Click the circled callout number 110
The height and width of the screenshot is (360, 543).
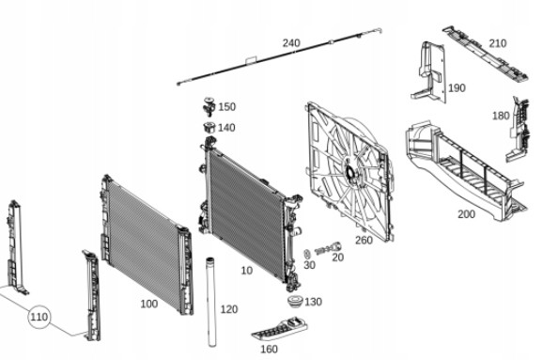pos(39,317)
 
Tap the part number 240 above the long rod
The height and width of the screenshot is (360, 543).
pos(291,43)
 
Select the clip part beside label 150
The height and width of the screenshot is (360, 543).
pos(209,107)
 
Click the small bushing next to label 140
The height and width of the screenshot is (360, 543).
pos(209,128)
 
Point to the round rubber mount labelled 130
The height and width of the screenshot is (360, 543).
pos(295,302)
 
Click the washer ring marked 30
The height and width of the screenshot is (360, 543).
pos(307,255)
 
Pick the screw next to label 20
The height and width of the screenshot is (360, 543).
pos(328,248)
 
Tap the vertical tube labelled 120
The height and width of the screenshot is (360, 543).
pos(210,302)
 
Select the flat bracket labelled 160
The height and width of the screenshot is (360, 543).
pos(280,329)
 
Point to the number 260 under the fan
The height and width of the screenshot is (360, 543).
pos(364,240)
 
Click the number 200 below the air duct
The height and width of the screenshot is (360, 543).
pos(466,214)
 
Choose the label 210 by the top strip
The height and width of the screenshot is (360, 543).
pos(498,43)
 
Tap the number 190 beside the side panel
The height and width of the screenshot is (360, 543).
pos(457,88)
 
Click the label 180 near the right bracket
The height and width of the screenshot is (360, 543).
pos(501,116)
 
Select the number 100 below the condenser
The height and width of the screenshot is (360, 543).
pos(149,304)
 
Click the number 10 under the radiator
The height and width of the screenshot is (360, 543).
pos(246,271)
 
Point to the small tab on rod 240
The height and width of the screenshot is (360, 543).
pos(251,60)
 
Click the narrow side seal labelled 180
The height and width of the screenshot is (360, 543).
pos(519,129)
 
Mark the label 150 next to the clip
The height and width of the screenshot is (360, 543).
pos(226,107)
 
